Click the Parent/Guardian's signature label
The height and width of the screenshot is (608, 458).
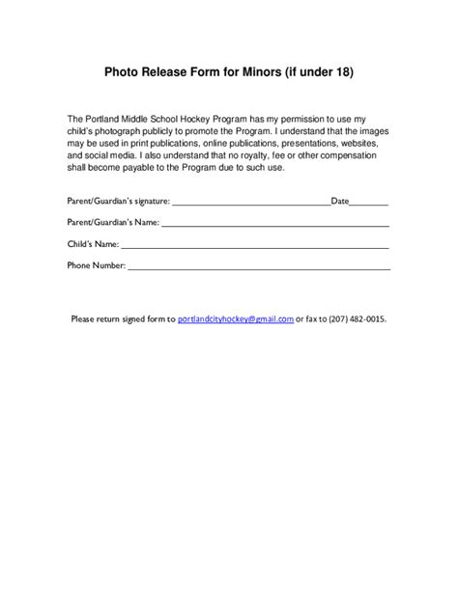[x=118, y=202]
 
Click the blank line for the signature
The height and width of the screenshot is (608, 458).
[x=250, y=204]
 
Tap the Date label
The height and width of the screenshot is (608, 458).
[x=339, y=202]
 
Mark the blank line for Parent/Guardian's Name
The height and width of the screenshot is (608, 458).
[x=275, y=224]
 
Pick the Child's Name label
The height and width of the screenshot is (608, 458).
[x=93, y=243]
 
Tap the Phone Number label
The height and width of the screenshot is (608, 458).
[x=97, y=263]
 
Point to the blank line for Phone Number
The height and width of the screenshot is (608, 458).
[x=259, y=265]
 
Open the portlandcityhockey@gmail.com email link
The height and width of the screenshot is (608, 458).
[x=236, y=318]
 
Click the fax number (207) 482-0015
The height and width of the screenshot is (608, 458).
[x=358, y=318]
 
